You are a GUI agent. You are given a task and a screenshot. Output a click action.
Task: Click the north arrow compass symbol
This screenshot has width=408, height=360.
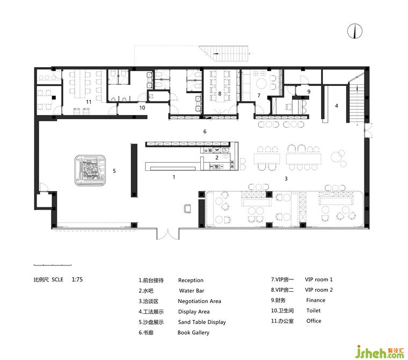pos(355,31)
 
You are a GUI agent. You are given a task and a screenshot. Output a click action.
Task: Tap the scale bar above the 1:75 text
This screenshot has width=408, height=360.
pos(53,265)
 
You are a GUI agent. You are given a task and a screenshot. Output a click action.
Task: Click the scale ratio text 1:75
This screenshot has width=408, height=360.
pos(77,279)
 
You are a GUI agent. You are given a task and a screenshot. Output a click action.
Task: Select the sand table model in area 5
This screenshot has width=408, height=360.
pos(90,171)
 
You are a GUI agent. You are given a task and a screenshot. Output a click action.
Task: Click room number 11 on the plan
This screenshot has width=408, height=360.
pos(89,102)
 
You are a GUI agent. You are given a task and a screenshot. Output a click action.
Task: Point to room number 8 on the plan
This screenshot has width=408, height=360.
pos(220,93)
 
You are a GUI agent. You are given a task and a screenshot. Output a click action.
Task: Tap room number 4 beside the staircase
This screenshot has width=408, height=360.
pos(337,106)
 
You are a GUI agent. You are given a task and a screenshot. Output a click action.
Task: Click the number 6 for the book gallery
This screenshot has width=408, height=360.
pos(205,132)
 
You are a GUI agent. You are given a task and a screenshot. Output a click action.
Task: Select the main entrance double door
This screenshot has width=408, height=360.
pos(168,234)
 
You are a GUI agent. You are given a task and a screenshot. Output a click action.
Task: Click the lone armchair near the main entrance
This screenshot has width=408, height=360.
pos(187,208)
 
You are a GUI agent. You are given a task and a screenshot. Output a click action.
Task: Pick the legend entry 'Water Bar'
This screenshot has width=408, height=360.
pos(192,291)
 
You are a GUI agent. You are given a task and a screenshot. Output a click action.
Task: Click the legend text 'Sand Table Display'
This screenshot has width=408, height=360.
pos(202,322)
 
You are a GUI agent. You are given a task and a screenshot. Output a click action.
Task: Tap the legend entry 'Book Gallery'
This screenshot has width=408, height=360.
pos(193,333)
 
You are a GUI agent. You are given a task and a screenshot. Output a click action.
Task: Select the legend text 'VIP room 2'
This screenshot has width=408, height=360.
pos(319,290)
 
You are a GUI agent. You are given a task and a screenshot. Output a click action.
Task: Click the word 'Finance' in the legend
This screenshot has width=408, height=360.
pos(316,300)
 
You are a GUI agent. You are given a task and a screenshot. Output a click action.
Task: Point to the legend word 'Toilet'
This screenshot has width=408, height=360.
pos(314,311)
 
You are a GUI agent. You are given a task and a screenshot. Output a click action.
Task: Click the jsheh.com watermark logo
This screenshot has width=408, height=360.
pos(380,351)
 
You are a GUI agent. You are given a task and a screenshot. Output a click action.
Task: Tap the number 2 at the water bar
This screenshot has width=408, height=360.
pos(217,157)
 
